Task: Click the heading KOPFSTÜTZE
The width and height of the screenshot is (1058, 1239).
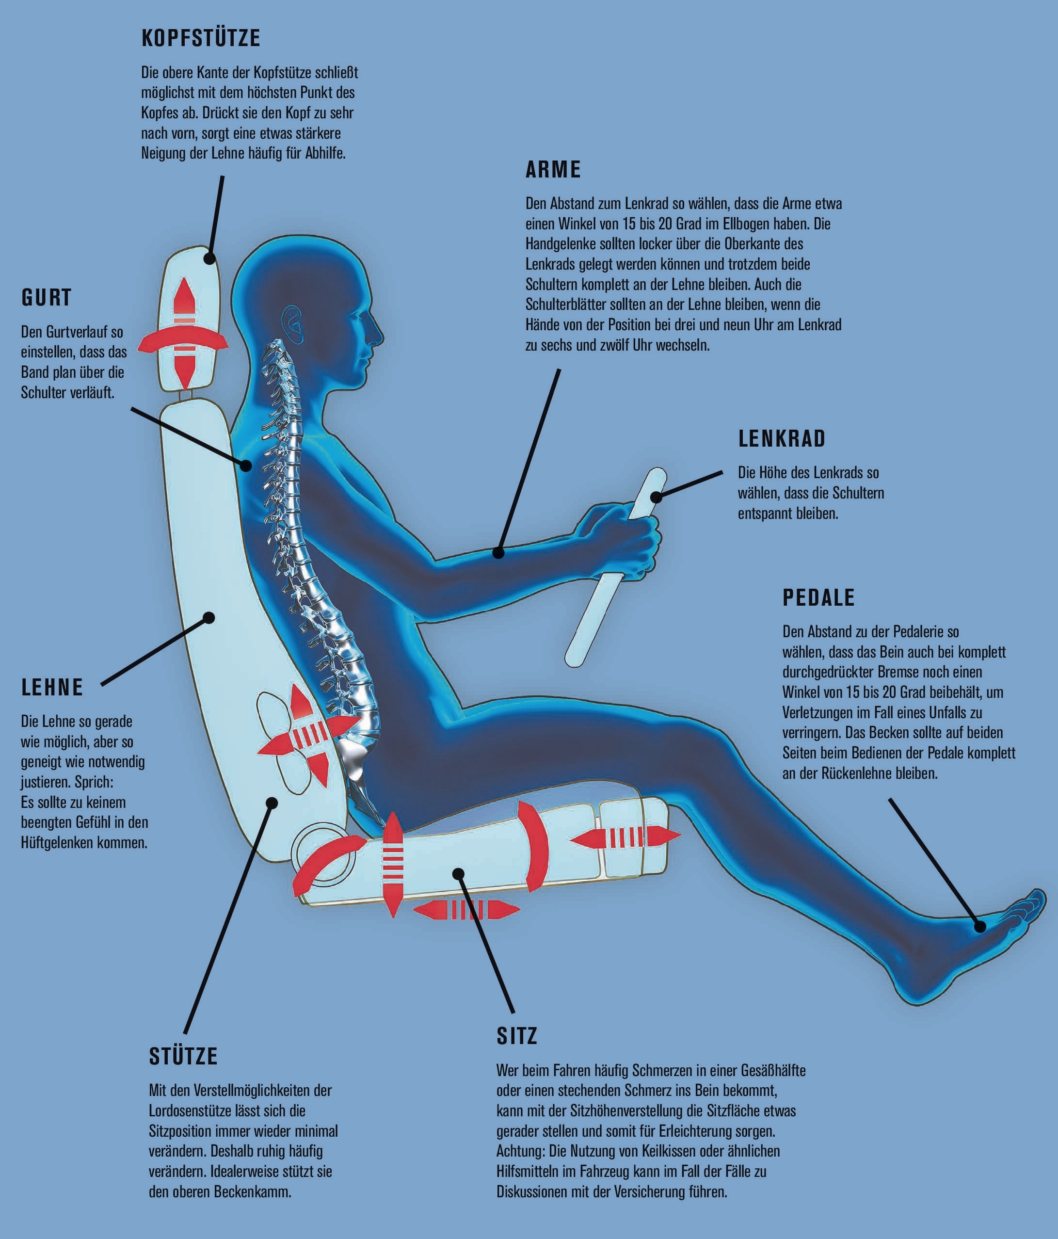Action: coord(201,38)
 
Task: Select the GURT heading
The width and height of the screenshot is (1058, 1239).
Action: coord(47,297)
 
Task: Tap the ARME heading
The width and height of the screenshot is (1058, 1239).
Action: coord(553,169)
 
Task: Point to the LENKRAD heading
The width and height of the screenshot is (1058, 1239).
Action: coord(782,438)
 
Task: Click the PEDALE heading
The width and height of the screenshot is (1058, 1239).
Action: coord(819,597)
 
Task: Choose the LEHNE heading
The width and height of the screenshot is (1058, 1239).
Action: coord(52,687)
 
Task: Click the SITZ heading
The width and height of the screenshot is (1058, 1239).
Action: coord(517,1036)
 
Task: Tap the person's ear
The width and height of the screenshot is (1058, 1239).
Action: coord(293,322)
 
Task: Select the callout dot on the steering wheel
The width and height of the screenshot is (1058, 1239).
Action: coord(657,496)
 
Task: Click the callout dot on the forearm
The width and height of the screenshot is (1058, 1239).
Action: coord(498,552)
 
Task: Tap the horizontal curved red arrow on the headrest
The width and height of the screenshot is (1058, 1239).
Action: coord(183,341)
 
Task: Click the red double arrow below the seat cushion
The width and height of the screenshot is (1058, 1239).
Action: coord(466,910)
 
